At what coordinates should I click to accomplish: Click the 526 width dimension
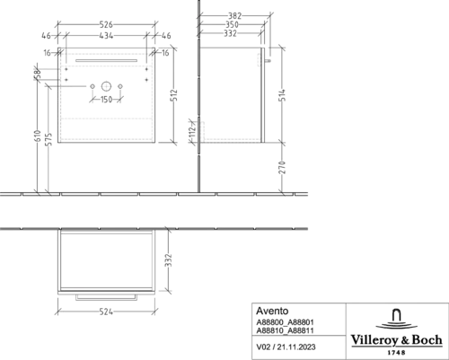(106, 24)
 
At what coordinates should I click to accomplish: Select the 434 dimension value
(106, 36)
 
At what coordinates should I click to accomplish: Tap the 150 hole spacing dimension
(106, 99)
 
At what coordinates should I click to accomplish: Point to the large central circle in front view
(106, 86)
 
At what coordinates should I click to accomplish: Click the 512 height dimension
(174, 95)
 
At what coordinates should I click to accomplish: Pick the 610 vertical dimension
(38, 136)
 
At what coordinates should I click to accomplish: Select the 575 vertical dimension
(48, 139)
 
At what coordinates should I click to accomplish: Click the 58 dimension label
(37, 74)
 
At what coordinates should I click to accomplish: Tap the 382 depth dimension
(234, 15)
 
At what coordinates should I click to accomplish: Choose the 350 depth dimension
(232, 24)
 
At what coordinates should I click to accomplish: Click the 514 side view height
(282, 95)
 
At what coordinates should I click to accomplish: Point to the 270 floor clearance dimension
(282, 167)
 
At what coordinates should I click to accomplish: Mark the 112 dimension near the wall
(192, 131)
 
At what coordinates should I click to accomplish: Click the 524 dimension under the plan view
(106, 312)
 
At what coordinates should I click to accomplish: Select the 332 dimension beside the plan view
(169, 260)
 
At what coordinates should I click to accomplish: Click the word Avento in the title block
(272, 311)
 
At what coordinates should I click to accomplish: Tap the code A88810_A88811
(285, 330)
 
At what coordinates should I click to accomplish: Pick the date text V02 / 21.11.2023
(286, 347)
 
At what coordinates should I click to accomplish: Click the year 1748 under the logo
(396, 353)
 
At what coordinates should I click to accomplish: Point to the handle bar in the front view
(106, 60)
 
